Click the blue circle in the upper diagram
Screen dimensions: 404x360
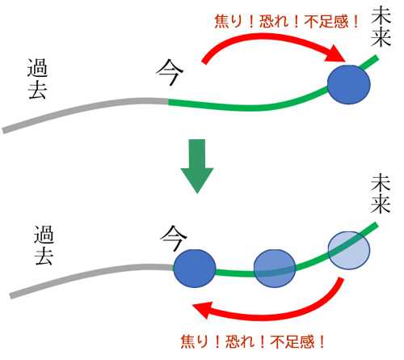click(x=349, y=84)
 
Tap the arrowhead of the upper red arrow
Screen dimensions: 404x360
click(x=337, y=55)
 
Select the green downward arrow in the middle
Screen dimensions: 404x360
click(x=197, y=166)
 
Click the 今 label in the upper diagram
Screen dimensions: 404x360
click(x=170, y=72)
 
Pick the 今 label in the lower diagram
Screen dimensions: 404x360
click(x=174, y=238)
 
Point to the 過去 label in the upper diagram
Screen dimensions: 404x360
click(x=37, y=78)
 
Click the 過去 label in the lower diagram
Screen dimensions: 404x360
click(x=44, y=245)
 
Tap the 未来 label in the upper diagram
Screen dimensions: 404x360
click(x=381, y=27)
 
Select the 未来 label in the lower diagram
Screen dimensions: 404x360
click(x=381, y=193)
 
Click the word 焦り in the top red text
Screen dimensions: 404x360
click(x=228, y=21)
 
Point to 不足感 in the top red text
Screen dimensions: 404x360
click(x=326, y=21)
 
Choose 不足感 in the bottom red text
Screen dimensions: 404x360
click(x=292, y=341)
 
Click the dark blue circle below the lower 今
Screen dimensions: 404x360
click(x=195, y=269)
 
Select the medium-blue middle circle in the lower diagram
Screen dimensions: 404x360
click(x=275, y=269)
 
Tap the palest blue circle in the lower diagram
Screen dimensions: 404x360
click(x=349, y=250)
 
